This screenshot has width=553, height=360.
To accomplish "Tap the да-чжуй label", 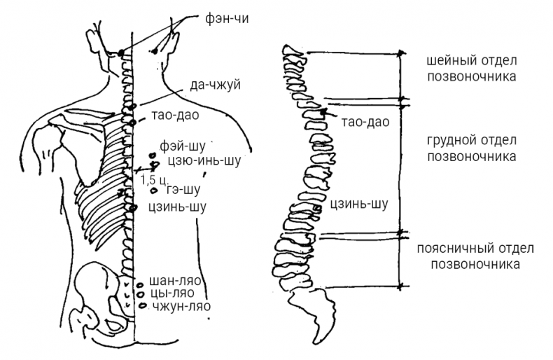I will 215,85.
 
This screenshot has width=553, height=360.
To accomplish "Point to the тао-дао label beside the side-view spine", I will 365,122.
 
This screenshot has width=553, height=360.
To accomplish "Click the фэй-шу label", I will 183,147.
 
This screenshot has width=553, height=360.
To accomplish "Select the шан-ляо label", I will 176,282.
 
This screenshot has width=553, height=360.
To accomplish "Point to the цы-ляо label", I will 174,294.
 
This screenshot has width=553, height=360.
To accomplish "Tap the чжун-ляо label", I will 181,307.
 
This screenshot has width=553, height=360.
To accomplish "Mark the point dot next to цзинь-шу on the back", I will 130,207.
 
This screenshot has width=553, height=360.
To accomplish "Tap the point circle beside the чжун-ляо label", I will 143,306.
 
